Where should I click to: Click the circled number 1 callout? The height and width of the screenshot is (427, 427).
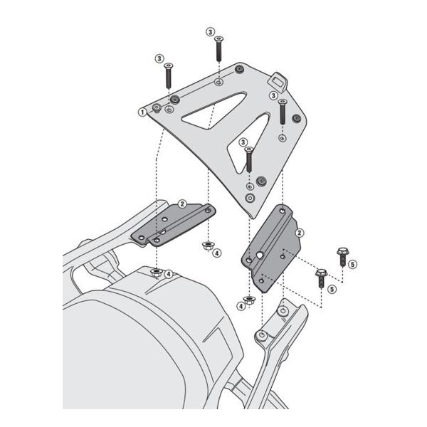142,112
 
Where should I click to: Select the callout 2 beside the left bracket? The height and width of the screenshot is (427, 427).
181,204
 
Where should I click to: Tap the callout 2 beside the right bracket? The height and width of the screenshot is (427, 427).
300,233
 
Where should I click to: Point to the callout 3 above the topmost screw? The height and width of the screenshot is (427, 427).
210,31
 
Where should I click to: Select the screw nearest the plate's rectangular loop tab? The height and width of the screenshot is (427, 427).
283,111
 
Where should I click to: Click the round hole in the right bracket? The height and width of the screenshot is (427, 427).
262,254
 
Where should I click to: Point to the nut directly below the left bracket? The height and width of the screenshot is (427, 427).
156,273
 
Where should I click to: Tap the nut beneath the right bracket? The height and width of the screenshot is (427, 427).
249,300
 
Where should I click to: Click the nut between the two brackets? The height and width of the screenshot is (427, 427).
206,247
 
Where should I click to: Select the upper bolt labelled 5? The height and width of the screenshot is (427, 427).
343,253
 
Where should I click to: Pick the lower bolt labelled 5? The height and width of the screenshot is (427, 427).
320,276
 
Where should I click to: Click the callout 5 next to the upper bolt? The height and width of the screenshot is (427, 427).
352,265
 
